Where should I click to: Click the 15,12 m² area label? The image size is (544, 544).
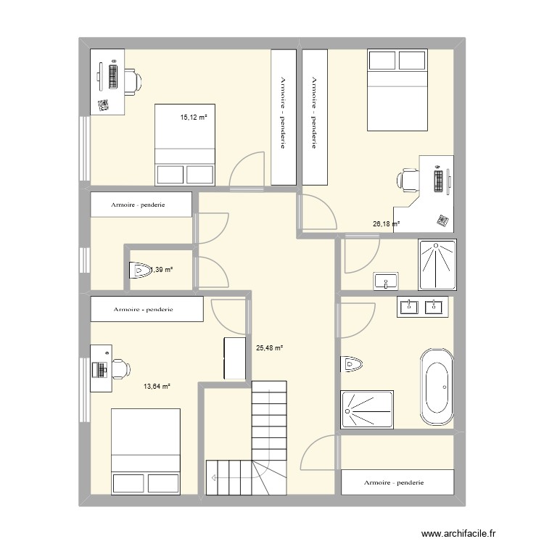194,118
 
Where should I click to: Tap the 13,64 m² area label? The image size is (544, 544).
157,386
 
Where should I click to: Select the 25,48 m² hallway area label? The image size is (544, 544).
270,347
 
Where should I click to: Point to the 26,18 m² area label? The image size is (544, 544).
386,224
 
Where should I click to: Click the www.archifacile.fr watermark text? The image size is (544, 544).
458,533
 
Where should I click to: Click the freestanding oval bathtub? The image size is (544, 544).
437,387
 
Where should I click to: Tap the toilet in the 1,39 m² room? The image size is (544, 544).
140,270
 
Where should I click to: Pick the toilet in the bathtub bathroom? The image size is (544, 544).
352,364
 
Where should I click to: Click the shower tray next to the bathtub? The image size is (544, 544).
367,409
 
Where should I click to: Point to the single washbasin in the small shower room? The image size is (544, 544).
386,281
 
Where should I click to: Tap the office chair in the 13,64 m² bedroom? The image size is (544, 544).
121,368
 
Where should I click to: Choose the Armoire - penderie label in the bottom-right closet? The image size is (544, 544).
394,482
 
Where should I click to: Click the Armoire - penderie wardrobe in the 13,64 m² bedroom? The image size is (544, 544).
147,309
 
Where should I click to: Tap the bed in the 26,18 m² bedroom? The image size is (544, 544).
397,90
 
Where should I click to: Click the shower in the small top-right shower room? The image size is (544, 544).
437,264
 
